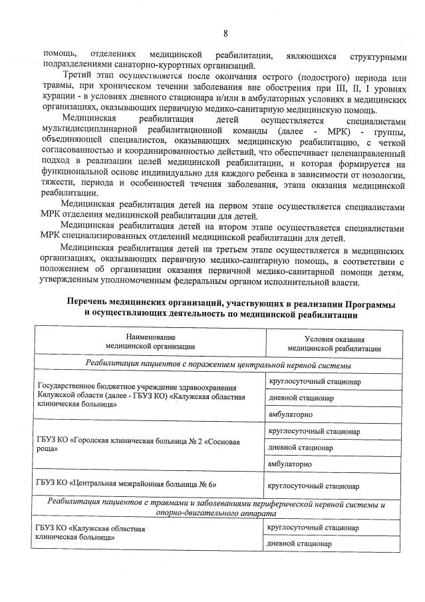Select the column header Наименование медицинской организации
click(150, 342)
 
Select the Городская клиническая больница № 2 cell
click(138, 445)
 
